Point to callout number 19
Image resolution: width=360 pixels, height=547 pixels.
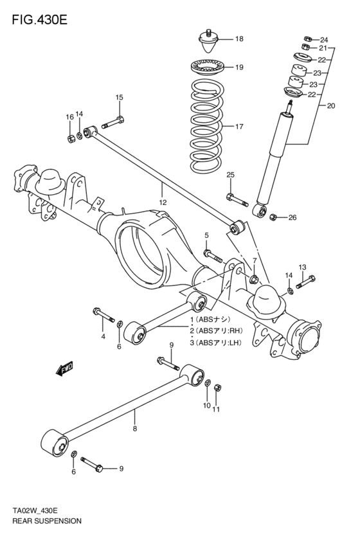pos(239,67)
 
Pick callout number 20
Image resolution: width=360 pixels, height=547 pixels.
pos(331,106)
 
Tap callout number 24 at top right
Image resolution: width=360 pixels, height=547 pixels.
pos(323,39)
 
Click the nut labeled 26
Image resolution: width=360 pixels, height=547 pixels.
pos(273,217)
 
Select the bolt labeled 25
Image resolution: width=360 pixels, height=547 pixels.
pos(236,199)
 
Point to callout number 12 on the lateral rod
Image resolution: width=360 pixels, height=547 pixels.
pos(163,202)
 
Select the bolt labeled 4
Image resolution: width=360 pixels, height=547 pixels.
pos(103,315)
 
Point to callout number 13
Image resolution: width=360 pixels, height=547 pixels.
pos(302,267)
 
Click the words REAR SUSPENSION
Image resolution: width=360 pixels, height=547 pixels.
pos(46,521)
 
